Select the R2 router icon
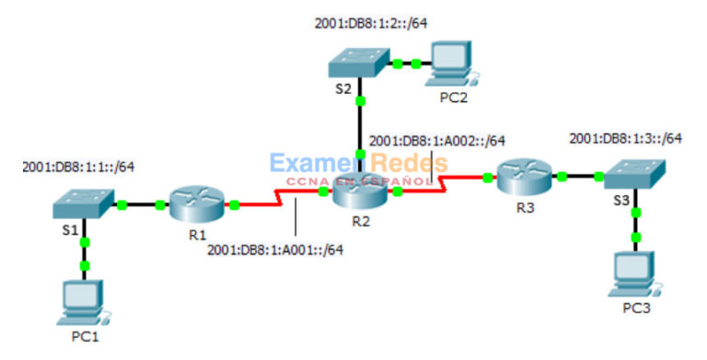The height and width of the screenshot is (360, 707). pos(359,191)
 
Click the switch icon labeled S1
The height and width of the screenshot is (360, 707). pos(84,203)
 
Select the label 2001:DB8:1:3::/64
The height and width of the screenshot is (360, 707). pos(626,138)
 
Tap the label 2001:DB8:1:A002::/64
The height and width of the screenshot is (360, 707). pos(437,141)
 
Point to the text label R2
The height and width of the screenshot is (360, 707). pos(360,222)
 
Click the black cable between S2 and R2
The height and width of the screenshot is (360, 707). pos(360,124)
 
